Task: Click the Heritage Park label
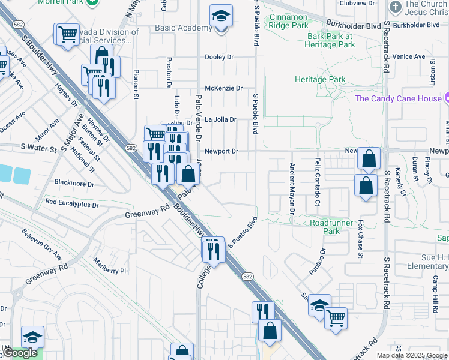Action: (319, 79)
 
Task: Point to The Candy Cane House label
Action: (398, 98)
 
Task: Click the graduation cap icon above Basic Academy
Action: (221, 17)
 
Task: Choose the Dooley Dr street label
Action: (219, 57)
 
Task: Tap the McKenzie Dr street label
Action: (223, 88)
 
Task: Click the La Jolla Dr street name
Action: (221, 119)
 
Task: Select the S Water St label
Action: (38, 146)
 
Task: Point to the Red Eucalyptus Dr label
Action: (71, 203)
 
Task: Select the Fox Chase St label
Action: (361, 239)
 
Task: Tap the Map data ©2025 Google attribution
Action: (411, 355)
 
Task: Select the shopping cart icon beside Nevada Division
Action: (67, 34)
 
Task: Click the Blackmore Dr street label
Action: (74, 182)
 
